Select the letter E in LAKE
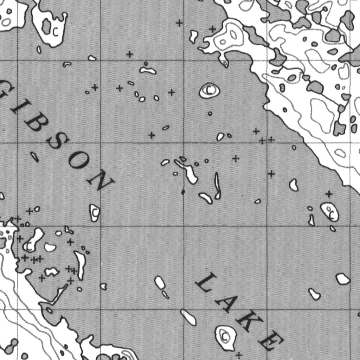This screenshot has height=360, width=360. pos(271,341)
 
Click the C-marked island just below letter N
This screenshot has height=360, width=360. pos(95,213)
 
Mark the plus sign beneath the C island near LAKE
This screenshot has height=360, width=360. pos(239,355)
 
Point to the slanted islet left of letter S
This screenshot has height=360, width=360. pos(34,157)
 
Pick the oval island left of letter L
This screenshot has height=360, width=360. pos(160,282)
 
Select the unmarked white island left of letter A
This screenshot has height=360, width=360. pos(189,317)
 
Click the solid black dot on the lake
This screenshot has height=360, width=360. pos(183,192)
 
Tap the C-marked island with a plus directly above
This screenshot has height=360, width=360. pos(330,212)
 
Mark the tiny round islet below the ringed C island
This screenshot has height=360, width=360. pos(210,114)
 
